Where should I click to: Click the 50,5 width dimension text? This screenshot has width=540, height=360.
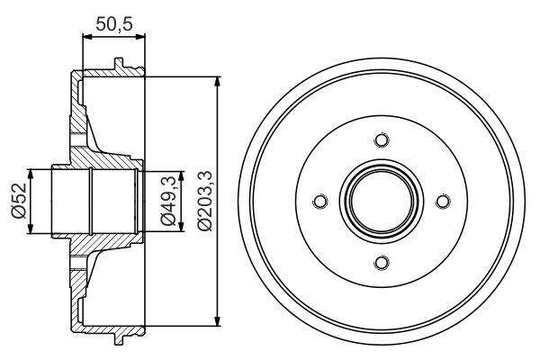(x=113, y=25)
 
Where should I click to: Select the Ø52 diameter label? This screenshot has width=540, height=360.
(x=17, y=201)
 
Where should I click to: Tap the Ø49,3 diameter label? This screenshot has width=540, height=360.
(x=167, y=201)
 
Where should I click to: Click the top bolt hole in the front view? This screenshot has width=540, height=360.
(x=380, y=140)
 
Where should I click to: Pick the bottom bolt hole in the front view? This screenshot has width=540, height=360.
(x=380, y=262)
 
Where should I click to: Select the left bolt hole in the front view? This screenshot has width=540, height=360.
(x=319, y=202)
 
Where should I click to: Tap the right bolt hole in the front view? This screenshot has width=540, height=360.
(x=441, y=202)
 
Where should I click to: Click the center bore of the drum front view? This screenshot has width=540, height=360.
(x=380, y=202)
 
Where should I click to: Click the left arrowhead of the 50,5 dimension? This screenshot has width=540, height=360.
(x=85, y=38)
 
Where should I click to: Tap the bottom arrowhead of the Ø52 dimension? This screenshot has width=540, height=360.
(x=31, y=229)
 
